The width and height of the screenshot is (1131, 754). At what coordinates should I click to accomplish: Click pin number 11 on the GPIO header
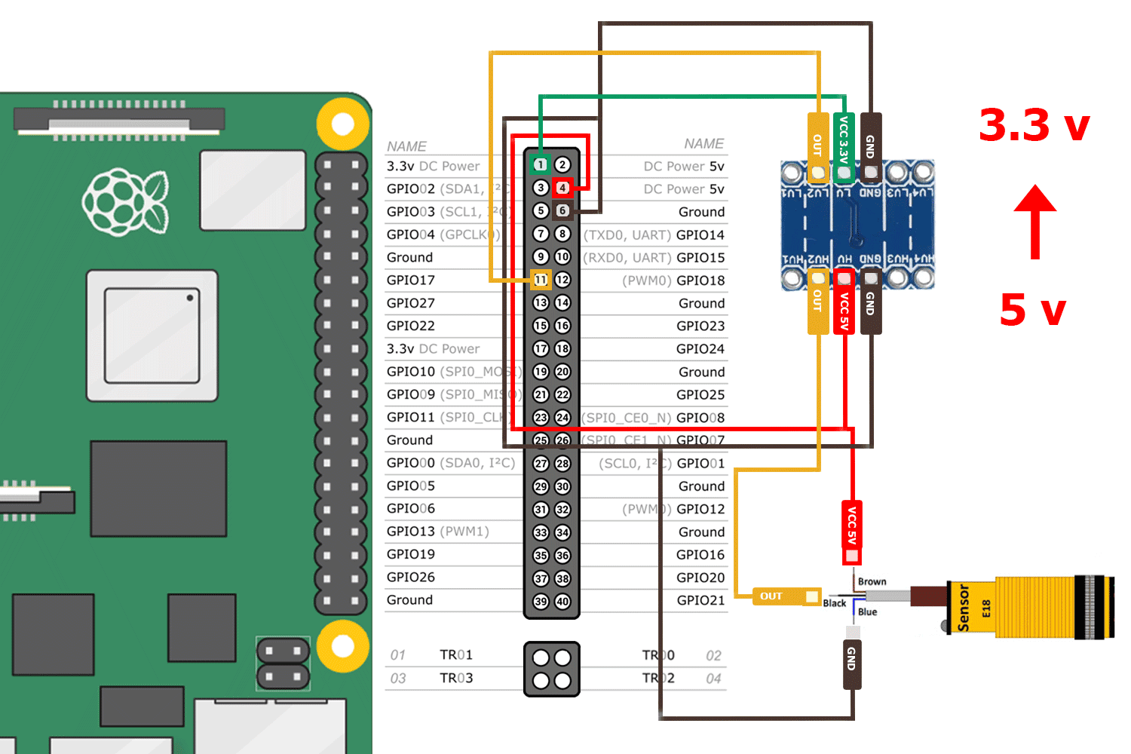click(541, 280)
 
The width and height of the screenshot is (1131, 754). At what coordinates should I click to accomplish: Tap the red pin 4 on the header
click(562, 188)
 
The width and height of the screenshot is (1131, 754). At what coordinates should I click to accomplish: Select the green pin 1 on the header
click(541, 164)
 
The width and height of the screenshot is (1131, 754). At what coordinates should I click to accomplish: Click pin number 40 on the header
click(562, 602)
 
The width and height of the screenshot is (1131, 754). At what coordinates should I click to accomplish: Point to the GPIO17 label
click(411, 280)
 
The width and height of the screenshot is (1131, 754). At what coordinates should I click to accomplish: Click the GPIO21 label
click(700, 600)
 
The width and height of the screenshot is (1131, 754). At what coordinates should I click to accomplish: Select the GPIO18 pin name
click(700, 280)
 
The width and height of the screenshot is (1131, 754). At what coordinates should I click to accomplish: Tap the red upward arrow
click(1035, 222)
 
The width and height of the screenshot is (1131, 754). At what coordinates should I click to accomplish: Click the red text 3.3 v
click(1034, 125)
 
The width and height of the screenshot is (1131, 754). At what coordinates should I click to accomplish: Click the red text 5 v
click(1033, 310)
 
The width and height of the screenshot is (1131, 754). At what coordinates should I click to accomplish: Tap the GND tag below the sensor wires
click(852, 660)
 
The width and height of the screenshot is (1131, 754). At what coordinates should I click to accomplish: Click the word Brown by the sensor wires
click(872, 581)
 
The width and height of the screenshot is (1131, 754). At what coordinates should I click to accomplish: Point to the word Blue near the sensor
click(867, 612)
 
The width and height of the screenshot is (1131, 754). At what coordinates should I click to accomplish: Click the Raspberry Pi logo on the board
click(125, 202)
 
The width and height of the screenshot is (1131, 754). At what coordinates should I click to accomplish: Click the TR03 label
click(456, 678)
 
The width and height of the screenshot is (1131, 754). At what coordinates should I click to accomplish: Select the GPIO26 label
click(411, 578)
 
